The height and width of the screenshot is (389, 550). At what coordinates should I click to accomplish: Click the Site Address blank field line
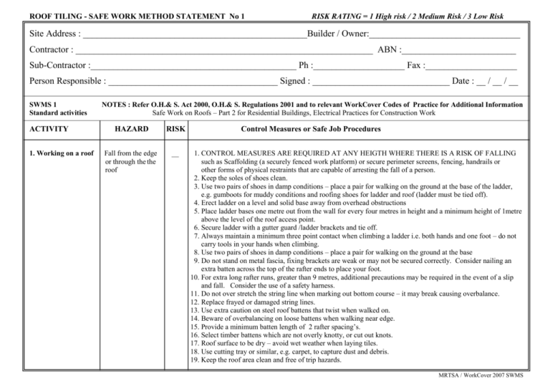[x=194, y=36]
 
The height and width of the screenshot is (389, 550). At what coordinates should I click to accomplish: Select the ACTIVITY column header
[x=49, y=130]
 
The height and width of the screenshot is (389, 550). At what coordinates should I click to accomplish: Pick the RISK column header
[x=175, y=130]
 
